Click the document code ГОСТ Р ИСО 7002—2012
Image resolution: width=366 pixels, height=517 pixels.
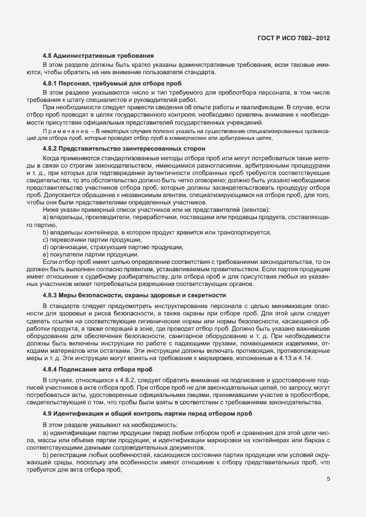[293, 38]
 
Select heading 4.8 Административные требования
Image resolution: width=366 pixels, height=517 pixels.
[97, 56]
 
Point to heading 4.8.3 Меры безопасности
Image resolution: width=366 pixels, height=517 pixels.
[134, 295]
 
